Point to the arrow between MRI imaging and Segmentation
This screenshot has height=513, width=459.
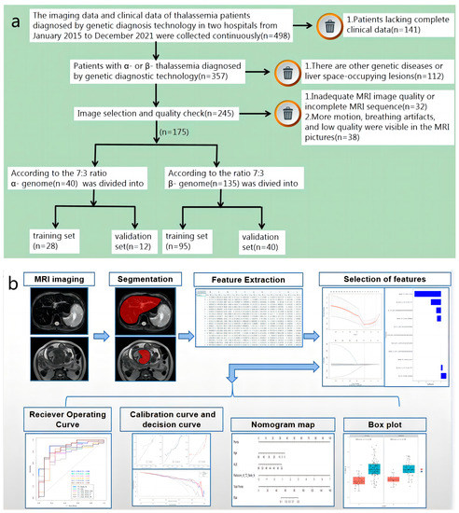(98, 331)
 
